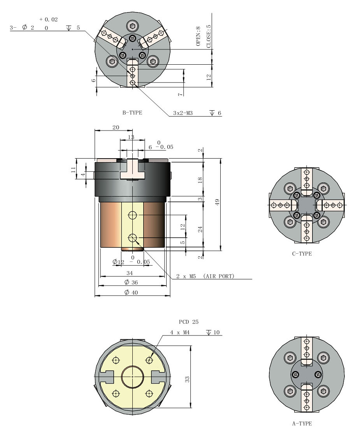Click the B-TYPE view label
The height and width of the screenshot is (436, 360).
tap(132, 113)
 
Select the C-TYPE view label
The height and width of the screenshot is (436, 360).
tap(302, 254)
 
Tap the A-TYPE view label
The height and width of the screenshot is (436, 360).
tap(302, 424)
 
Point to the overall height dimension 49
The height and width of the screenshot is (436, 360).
tap(218, 202)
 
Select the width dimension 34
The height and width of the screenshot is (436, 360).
tap(133, 274)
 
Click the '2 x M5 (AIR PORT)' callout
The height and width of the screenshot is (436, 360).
tap(205, 276)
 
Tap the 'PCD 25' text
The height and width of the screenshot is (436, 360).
tap(189, 322)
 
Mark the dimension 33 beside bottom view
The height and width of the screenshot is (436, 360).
tap(187, 378)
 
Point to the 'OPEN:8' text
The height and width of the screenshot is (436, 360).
tap(198, 37)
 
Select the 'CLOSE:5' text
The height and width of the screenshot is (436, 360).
tap(209, 36)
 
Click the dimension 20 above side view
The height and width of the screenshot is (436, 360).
tap(116, 127)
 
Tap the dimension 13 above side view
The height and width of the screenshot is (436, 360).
tap(131, 137)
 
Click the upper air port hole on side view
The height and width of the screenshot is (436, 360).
tap(132, 215)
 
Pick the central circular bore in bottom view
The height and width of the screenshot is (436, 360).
tap(133, 377)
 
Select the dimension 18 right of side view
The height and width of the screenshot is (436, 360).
tap(200, 180)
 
